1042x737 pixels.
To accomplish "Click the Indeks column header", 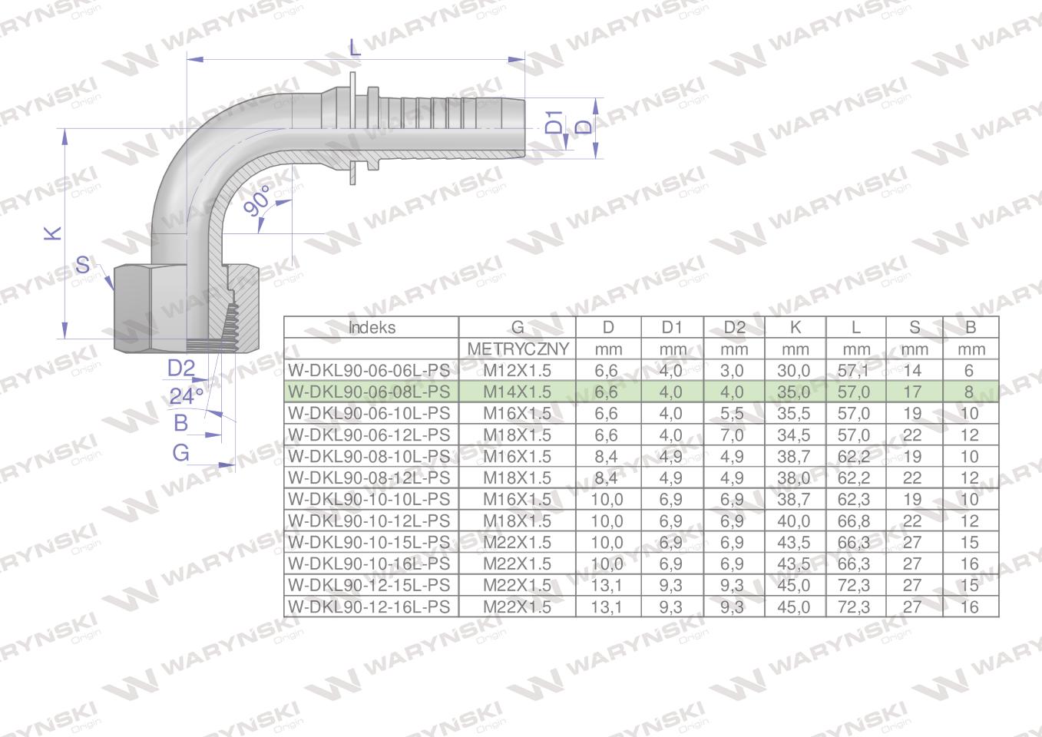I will (x=372, y=327).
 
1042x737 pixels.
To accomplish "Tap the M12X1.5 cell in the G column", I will (x=517, y=370).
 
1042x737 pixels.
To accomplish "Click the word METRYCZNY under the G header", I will (x=518, y=349).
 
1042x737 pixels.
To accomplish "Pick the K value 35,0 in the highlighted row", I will (x=793, y=392).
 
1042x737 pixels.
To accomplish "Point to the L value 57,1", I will (x=854, y=370).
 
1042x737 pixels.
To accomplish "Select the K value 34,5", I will (x=793, y=435).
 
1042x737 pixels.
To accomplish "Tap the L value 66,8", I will (x=854, y=521).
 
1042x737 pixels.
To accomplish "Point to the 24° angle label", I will (x=186, y=396).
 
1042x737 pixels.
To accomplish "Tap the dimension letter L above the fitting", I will (x=354, y=48).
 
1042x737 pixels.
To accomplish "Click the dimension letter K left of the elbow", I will (x=52, y=233).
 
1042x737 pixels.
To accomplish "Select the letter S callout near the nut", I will (x=83, y=266).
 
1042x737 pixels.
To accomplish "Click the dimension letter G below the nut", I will (x=180, y=452).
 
